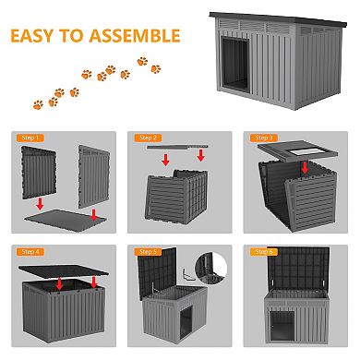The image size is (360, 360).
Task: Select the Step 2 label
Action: pyautogui.click(x=150, y=138)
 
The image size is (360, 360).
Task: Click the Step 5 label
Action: pyautogui.click(x=150, y=251)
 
